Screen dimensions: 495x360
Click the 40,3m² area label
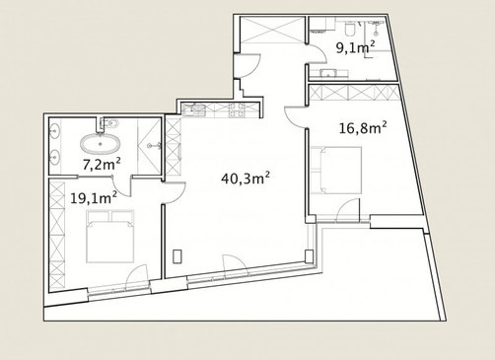point(246,179)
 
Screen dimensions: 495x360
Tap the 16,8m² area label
point(363,128)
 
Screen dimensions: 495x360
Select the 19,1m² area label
point(94,198)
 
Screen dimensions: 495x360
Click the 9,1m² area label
point(355,48)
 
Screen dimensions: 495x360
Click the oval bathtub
point(101,144)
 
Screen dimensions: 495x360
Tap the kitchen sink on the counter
point(194,109)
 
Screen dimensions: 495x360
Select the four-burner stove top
point(237,110)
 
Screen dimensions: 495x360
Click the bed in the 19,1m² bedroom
point(110,236)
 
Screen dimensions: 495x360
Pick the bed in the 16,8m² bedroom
point(336,170)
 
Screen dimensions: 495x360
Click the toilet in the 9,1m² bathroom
point(349,29)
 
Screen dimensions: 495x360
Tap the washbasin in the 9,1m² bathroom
point(328,73)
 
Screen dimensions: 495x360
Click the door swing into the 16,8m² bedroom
point(294,116)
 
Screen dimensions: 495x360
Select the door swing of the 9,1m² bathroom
point(317,53)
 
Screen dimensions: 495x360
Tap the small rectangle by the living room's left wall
point(177,256)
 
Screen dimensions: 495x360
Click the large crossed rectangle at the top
point(272,30)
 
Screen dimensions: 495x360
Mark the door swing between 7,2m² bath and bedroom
point(122,186)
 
